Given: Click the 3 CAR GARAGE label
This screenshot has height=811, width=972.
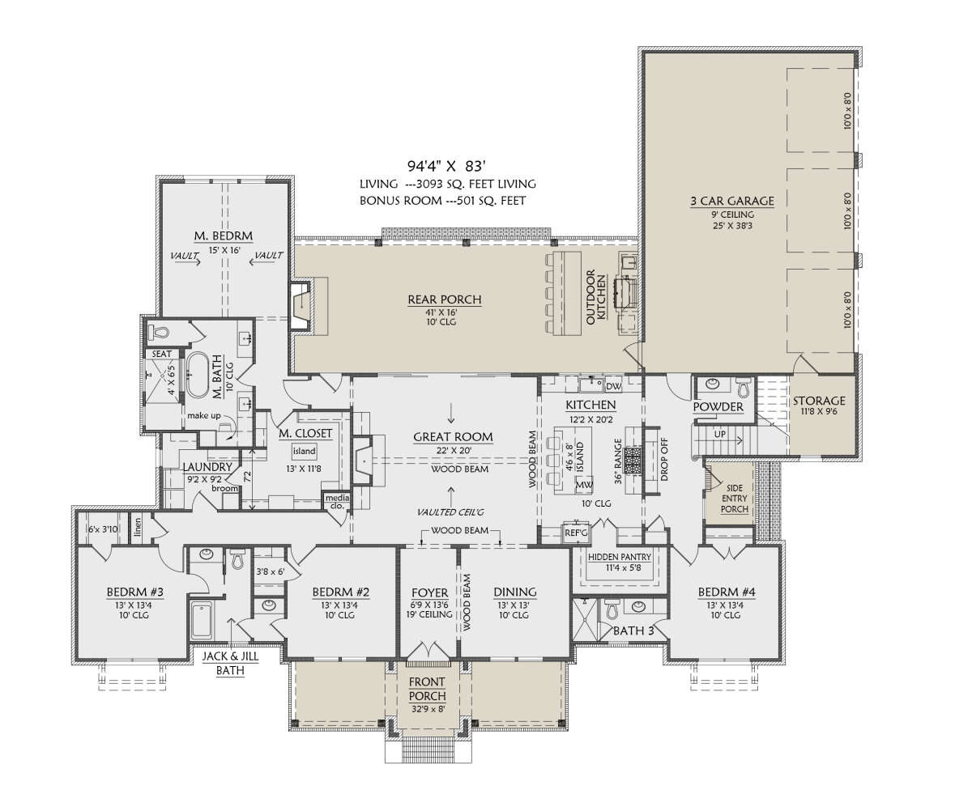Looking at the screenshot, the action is (x=732, y=201).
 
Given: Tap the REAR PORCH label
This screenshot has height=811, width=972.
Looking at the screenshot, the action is (x=445, y=299).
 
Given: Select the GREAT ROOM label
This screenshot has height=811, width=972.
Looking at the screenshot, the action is (x=453, y=437).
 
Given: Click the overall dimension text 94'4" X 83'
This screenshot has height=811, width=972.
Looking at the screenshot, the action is (x=447, y=166).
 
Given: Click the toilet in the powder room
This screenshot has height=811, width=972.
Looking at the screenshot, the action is (x=744, y=387).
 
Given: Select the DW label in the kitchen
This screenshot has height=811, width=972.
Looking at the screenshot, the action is (x=613, y=386).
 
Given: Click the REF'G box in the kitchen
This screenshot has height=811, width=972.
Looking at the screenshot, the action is (x=576, y=533).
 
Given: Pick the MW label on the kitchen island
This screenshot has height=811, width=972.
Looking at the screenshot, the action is (x=584, y=485).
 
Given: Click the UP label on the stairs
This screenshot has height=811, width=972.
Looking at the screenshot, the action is (x=720, y=434).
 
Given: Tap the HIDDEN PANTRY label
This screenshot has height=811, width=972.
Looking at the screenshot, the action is (x=619, y=557).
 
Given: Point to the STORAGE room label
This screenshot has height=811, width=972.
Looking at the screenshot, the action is (x=819, y=401).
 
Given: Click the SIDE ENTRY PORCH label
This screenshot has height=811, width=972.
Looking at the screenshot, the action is (x=734, y=499).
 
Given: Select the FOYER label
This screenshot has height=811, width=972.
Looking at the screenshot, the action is (x=429, y=592).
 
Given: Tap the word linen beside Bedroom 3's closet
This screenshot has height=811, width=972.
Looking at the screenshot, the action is (x=138, y=528).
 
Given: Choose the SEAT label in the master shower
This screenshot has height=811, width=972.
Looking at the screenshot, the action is (x=161, y=354).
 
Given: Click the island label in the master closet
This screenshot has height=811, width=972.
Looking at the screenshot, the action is (x=304, y=451).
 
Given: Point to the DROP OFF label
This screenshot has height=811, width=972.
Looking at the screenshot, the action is (x=664, y=459).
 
